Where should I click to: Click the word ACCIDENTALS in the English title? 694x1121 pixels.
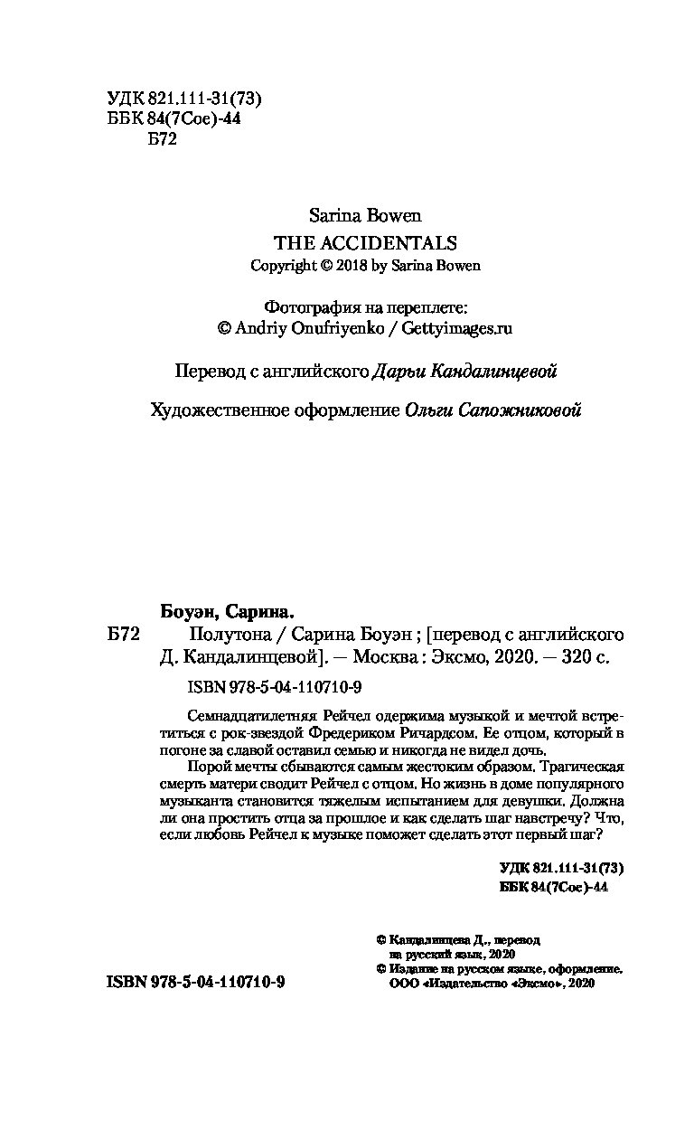pos(401,242)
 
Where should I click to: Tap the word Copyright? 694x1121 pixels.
pos(283,266)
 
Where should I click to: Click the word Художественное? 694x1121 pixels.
pos(215,410)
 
